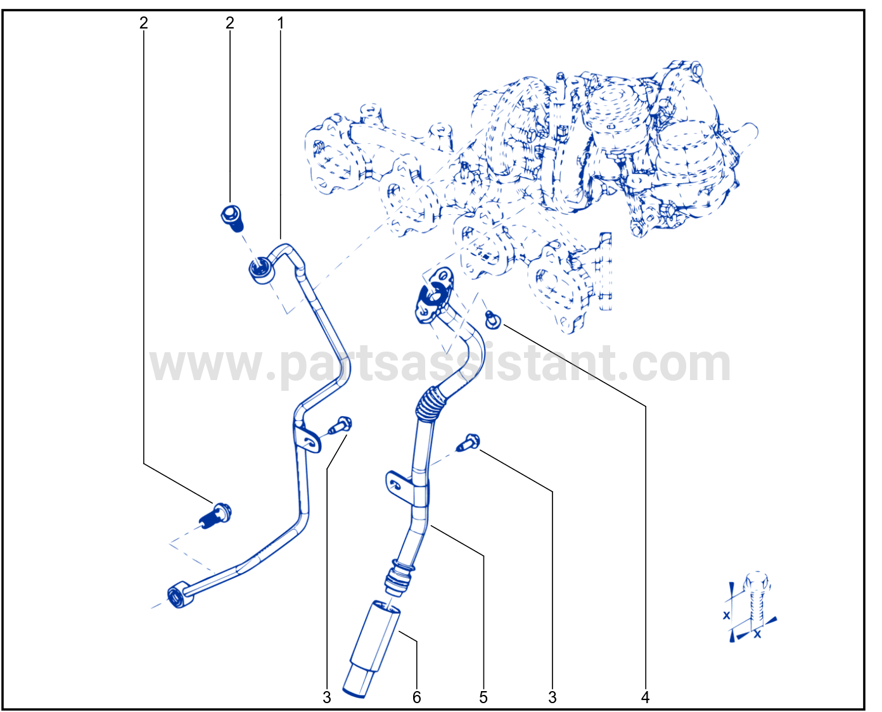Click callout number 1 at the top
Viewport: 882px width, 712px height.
coord(280,23)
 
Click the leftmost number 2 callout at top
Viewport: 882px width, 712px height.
coord(144,23)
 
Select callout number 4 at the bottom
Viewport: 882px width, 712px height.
coord(645,697)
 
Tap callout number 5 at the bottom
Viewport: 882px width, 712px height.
coord(483,697)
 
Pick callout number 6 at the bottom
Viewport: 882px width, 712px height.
coord(416,697)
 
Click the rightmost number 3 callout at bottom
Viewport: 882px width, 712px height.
coord(553,697)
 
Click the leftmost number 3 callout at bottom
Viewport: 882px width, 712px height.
coord(327,697)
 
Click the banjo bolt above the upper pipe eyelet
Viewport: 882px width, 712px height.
coord(232,218)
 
